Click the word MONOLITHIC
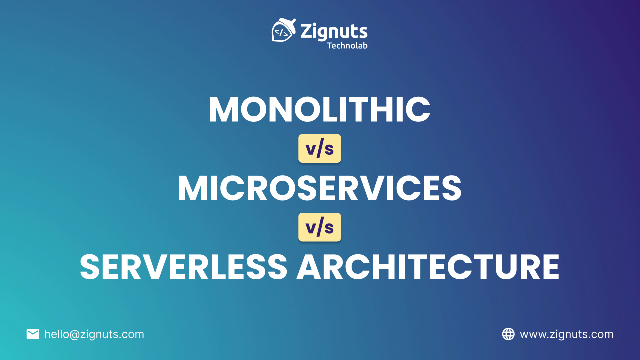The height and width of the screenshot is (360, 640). click(319, 109)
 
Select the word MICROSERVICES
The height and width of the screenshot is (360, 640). click(319, 188)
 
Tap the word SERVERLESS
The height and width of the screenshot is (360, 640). click(183, 267)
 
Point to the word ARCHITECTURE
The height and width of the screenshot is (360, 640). click(428, 267)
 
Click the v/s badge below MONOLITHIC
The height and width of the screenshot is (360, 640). click(320, 148)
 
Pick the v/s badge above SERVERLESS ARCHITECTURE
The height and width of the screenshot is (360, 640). click(320, 227)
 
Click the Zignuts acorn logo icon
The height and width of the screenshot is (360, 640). click(282, 31)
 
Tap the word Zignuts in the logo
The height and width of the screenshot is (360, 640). click(334, 31)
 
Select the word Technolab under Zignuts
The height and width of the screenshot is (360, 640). click(347, 45)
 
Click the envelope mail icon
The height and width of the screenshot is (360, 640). click(33, 334)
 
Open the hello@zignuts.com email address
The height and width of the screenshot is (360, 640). click(94, 334)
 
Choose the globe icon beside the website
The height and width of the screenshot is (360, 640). click(508, 334)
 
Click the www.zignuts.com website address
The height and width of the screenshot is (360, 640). click(566, 334)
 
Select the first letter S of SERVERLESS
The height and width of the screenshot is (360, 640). click(91, 267)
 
